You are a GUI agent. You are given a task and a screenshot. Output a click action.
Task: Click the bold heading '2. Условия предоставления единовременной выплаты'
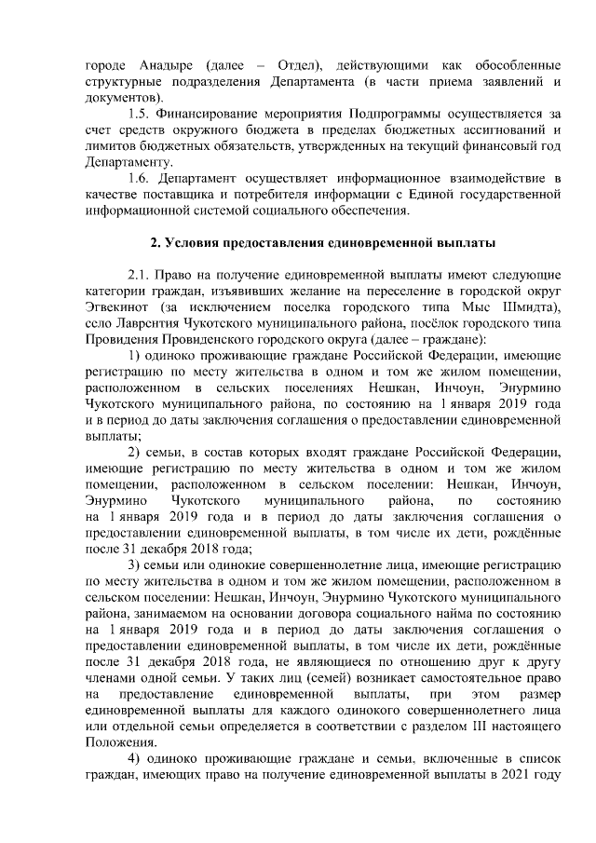tap(322, 242)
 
